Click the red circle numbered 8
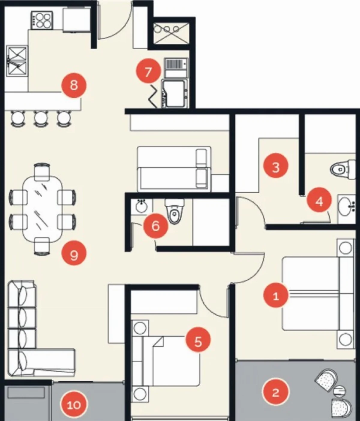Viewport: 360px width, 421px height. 74,85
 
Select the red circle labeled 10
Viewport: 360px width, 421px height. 74,405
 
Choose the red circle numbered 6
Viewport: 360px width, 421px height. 156,226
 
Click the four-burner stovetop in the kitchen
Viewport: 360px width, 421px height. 42,20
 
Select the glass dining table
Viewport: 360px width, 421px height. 42,209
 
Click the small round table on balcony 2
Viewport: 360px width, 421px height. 339,392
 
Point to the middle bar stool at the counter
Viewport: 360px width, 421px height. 41,119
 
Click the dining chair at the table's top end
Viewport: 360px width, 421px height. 42,172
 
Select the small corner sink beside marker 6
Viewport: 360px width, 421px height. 141,206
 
